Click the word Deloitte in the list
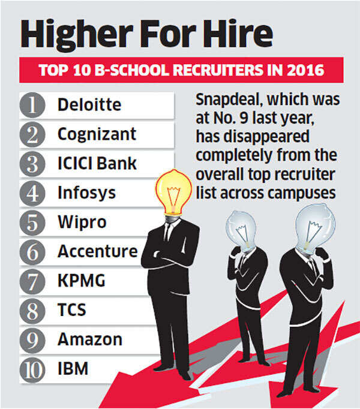pyautogui.click(x=89, y=105)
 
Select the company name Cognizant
pyautogui.click(x=97, y=134)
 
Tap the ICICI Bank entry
pyautogui.click(x=97, y=163)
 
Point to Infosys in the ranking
pyautogui.click(x=86, y=193)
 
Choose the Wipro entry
pyautogui.click(x=82, y=222)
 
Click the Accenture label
pyautogui.click(x=97, y=251)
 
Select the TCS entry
pyautogui.click(x=72, y=310)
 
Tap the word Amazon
pyautogui.click(x=89, y=339)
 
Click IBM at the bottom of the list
pyautogui.click(x=73, y=368)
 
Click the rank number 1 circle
pyautogui.click(x=34, y=105)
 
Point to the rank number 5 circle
pyautogui.click(x=34, y=222)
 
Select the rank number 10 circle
pyautogui.click(x=34, y=369)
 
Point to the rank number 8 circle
pyautogui.click(x=34, y=311)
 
